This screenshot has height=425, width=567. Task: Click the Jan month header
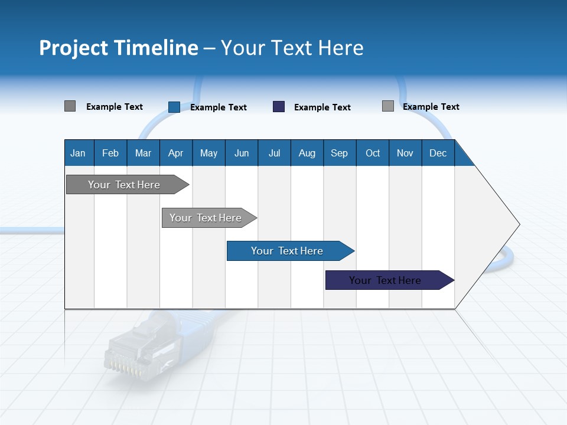pyautogui.click(x=79, y=153)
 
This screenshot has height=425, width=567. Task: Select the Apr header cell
pyautogui.click(x=176, y=153)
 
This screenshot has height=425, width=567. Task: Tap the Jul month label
pyautogui.click(x=274, y=153)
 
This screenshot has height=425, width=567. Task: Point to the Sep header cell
pyautogui.click(x=340, y=153)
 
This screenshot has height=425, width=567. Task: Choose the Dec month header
pyautogui.click(x=438, y=153)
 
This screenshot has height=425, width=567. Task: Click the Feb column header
pyautogui.click(x=110, y=153)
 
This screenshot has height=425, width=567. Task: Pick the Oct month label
pyautogui.click(x=373, y=153)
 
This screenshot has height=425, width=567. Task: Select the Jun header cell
pyautogui.click(x=242, y=153)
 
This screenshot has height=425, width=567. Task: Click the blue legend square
pyautogui.click(x=174, y=107)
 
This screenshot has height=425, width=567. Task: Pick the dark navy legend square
pyautogui.click(x=279, y=107)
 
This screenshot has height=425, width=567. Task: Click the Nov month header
pyautogui.click(x=405, y=153)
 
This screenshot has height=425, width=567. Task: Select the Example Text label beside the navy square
pyautogui.click(x=322, y=107)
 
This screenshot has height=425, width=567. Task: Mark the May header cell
pyautogui.click(x=208, y=153)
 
